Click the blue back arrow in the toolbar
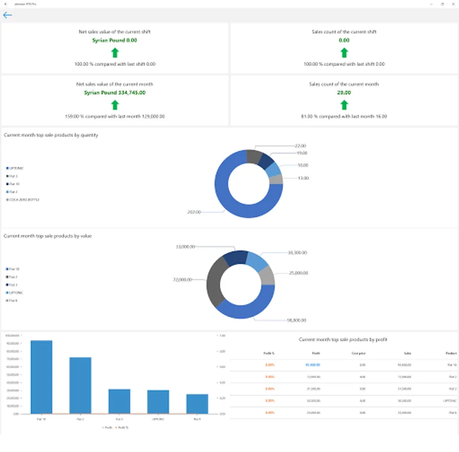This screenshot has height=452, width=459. [8, 15]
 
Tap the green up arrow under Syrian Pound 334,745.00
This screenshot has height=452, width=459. [115, 104]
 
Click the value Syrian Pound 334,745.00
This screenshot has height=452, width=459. [114, 92]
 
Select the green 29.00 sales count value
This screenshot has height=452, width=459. [344, 92]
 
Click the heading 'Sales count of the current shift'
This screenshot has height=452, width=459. [344, 32]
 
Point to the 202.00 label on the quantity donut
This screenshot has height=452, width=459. [194, 212]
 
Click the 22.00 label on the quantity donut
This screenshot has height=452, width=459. [300, 146]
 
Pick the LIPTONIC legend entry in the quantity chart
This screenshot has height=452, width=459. [16, 168]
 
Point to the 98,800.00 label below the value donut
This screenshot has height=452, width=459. [296, 320]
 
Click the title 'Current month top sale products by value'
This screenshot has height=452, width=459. [48, 236]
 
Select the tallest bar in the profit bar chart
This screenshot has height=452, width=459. [41, 377]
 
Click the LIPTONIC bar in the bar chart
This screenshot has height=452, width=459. [158, 401]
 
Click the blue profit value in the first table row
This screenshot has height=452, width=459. [312, 365]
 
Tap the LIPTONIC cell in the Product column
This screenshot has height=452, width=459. [449, 400]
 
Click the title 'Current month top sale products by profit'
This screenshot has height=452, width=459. [343, 340]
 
